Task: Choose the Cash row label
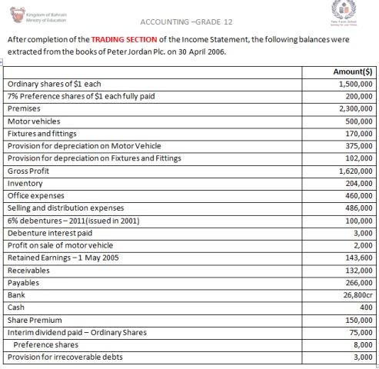click(16, 307)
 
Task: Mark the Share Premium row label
click(35, 319)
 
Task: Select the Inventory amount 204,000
click(358, 184)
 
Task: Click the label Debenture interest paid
click(49, 233)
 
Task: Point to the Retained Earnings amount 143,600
click(358, 258)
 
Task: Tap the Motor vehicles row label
click(33, 121)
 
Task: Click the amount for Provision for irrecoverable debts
click(363, 357)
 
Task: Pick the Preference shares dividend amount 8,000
click(363, 344)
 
